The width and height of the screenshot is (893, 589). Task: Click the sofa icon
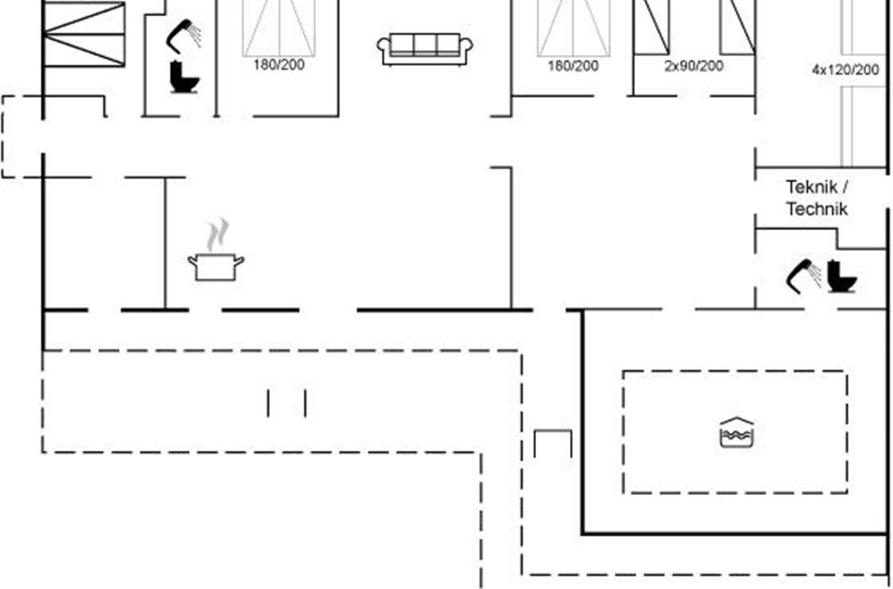(425, 48)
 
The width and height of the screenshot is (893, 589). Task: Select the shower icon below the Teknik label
(804, 274)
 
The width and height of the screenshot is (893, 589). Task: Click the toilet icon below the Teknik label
(841, 276)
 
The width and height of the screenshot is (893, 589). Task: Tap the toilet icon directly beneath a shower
(182, 77)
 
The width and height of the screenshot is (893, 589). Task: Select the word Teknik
(809, 187)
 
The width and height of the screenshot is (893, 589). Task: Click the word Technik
(816, 209)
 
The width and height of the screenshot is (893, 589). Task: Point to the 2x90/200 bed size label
(693, 66)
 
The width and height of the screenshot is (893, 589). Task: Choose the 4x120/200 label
(845, 69)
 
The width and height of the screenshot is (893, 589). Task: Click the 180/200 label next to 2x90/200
(573, 66)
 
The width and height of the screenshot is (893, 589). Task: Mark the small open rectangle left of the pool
(553, 444)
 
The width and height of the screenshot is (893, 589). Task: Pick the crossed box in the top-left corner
(85, 33)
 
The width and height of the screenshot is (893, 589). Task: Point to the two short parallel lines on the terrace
(287, 403)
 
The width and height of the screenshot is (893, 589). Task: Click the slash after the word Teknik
(845, 187)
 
